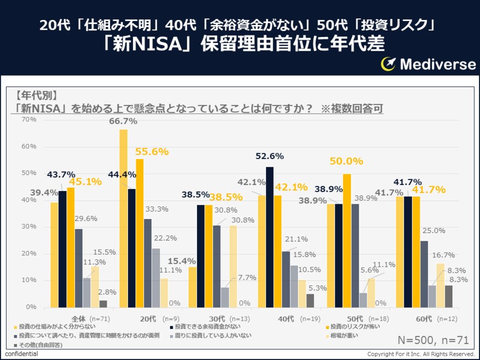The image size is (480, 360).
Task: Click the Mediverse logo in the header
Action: [428, 64]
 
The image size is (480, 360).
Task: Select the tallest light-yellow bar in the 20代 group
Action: [124, 218]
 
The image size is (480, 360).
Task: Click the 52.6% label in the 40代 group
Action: [269, 156]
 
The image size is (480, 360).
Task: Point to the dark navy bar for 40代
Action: [269, 237]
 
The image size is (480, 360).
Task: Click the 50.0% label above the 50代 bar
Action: [346, 161]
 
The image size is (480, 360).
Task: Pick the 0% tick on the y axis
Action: [31, 307]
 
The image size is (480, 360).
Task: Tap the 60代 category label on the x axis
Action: [424, 319]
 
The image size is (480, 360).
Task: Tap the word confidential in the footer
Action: [22, 353]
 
